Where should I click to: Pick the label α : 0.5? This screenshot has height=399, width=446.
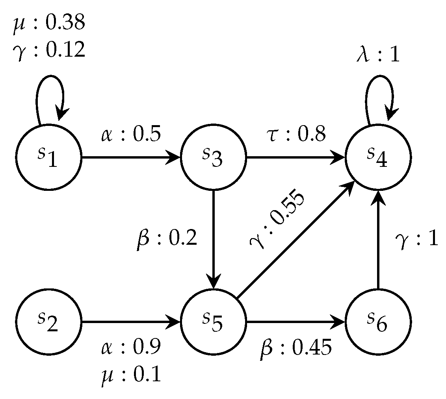coord(130,135)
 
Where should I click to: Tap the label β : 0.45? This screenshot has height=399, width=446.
coord(295,348)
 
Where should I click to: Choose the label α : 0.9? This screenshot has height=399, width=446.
coord(130,348)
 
